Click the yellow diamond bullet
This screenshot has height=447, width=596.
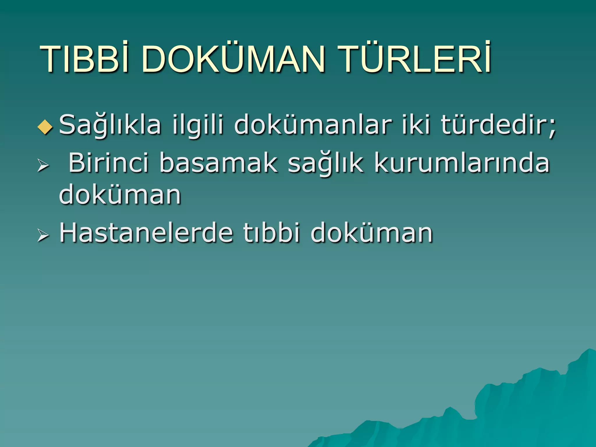[45, 127]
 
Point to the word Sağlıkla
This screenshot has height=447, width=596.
[110, 125]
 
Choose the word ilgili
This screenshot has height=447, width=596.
[198, 125]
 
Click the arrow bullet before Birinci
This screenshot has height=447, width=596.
[43, 166]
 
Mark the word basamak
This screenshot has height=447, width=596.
[218, 163]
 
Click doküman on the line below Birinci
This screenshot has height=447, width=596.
[120, 194]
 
